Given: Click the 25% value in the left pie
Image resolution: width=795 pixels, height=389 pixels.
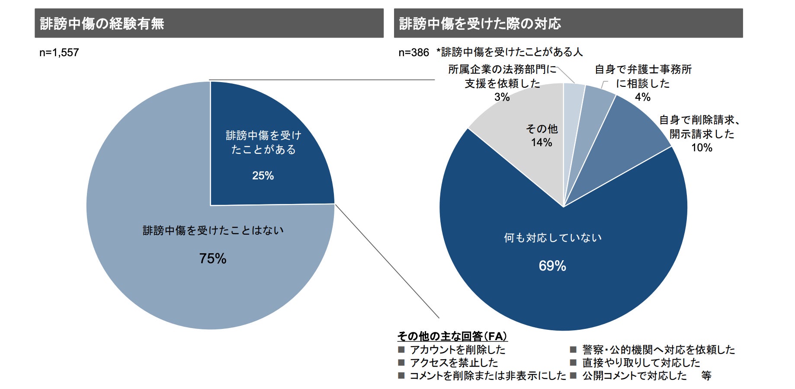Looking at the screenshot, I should pyautogui.click(x=263, y=176).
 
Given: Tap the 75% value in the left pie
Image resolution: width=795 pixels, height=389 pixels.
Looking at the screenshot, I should pyautogui.click(x=213, y=258).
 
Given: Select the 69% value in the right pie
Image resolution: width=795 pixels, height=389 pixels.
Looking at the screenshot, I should pyautogui.click(x=552, y=266).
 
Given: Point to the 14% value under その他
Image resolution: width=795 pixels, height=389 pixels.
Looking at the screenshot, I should pyautogui.click(x=542, y=143).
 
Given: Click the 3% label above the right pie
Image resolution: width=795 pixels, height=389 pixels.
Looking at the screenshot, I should pyautogui.click(x=502, y=97).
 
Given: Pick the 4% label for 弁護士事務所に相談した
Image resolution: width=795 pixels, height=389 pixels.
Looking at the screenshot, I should pyautogui.click(x=643, y=97).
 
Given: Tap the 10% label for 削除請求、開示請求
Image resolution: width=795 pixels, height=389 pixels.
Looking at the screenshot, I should pyautogui.click(x=702, y=148).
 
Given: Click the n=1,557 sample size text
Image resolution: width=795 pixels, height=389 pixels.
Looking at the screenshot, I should pyautogui.click(x=59, y=53).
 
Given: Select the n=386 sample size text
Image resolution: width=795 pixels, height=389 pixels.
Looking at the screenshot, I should pyautogui.click(x=414, y=53).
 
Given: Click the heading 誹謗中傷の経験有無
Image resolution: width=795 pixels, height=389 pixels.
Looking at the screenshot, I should pyautogui.click(x=102, y=23).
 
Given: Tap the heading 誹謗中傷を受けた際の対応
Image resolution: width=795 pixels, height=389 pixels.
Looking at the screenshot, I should pyautogui.click(x=480, y=23).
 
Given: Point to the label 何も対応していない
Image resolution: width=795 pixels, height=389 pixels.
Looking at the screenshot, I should pyautogui.click(x=553, y=238).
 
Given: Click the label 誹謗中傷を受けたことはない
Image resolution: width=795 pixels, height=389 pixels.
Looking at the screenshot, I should pyautogui.click(x=213, y=230).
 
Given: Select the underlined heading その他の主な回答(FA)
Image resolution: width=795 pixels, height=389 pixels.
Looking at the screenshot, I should pyautogui.click(x=452, y=336).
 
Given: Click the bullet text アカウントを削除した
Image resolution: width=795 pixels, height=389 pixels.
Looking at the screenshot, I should pyautogui.click(x=458, y=350).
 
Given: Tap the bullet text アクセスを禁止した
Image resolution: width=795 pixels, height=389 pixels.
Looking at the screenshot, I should pyautogui.click(x=454, y=363).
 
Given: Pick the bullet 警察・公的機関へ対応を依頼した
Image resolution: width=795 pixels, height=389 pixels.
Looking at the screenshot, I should pyautogui.click(x=658, y=350).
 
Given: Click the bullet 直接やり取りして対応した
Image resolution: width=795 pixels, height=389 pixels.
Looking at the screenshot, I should pyautogui.click(x=641, y=363).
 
